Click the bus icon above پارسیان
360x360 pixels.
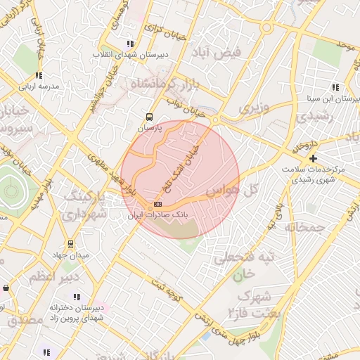(x=149, y=117)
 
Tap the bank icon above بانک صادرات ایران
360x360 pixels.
(x=157, y=204)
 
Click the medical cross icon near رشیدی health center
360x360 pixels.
(x=313, y=158)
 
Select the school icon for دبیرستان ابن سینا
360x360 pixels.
(x=335, y=88)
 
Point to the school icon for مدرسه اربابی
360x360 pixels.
(x=39, y=75)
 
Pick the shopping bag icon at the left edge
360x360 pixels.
(x=6, y=288)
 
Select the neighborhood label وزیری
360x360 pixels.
(x=254, y=108)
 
